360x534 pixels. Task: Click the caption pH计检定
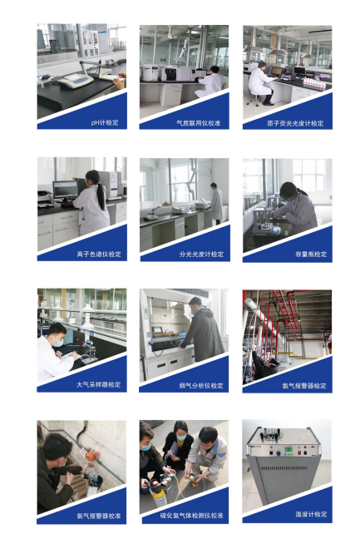pyautogui.click(x=105, y=122)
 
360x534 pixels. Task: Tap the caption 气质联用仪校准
pyautogui.click(x=199, y=123)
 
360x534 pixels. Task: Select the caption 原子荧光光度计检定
pyautogui.click(x=295, y=123)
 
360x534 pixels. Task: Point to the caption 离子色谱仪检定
pyautogui.click(x=99, y=254)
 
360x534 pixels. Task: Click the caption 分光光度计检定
pyautogui.click(x=201, y=254)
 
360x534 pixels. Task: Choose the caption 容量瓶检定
pyautogui.click(x=311, y=254)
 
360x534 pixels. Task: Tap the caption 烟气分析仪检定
pyautogui.click(x=201, y=385)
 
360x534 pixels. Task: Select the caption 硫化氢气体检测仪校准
pyautogui.click(x=191, y=516)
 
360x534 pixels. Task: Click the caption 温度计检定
pyautogui.click(x=311, y=514)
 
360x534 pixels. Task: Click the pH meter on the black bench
pyautogui.click(x=76, y=80)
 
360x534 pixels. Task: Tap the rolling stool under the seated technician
pyautogui.click(x=255, y=99)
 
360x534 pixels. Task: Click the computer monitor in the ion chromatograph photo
pyautogui.click(x=66, y=190)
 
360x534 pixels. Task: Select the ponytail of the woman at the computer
pyautogui.click(x=101, y=196)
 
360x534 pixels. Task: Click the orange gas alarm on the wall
pyautogui.click(x=91, y=455)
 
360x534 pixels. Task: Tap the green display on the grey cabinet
pyautogui.click(x=288, y=450)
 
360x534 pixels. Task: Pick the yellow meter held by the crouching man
pyautogui.click(x=192, y=477)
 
